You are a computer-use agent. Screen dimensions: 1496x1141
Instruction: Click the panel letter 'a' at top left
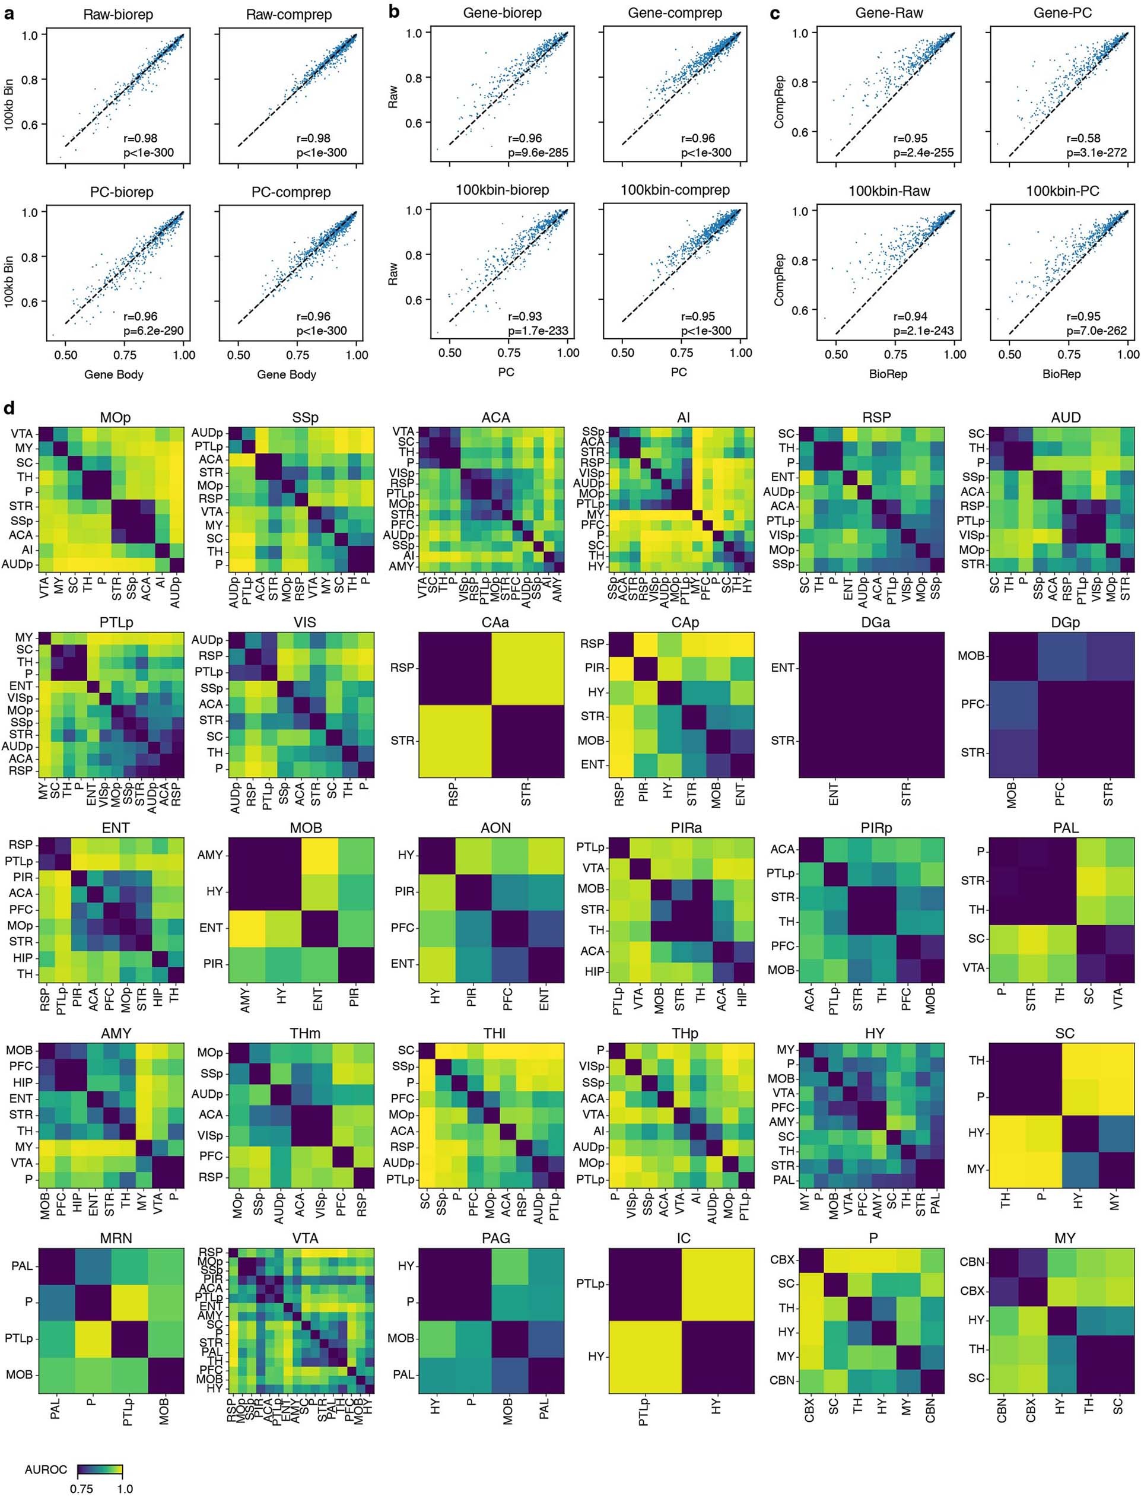tap(9, 13)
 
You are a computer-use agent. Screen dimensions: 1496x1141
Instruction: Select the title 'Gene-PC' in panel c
tap(1062, 13)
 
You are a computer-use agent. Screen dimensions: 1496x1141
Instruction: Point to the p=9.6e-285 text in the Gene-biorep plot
tap(538, 153)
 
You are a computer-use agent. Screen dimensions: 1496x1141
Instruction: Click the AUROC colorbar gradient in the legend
tap(100, 1469)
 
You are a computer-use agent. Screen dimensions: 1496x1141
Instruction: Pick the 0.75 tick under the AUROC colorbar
tap(81, 1488)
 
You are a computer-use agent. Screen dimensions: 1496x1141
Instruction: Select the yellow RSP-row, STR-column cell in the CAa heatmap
tap(527, 668)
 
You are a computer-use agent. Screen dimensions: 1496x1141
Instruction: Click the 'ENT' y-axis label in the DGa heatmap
tap(783, 668)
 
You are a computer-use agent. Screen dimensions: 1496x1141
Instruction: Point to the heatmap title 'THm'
tap(305, 1033)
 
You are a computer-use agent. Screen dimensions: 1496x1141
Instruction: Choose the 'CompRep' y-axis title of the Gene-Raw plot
tap(780, 102)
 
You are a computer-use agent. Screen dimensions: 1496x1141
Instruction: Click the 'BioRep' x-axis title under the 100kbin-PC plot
tap(1061, 373)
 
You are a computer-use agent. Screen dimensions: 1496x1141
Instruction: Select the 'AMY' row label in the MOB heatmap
tap(210, 855)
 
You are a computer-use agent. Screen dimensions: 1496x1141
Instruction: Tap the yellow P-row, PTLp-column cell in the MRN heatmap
tap(129, 1302)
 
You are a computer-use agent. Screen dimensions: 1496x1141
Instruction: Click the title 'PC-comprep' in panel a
tap(291, 192)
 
